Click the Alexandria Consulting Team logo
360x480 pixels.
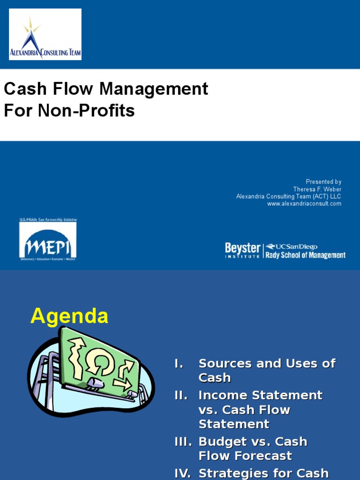(x=45, y=34)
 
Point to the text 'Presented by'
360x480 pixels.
(x=323, y=182)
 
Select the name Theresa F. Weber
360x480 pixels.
(x=317, y=189)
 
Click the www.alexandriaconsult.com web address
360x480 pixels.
(x=304, y=204)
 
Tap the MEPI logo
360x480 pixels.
(x=48, y=240)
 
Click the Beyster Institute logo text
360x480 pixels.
(x=242, y=250)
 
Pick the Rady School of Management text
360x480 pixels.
(x=305, y=255)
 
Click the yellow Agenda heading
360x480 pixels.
(x=69, y=317)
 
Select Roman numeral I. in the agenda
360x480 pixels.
(x=179, y=364)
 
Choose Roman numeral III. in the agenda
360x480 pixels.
(x=183, y=442)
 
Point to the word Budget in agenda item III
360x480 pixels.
(x=220, y=442)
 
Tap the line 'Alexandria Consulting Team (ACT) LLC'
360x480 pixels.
(x=289, y=196)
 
